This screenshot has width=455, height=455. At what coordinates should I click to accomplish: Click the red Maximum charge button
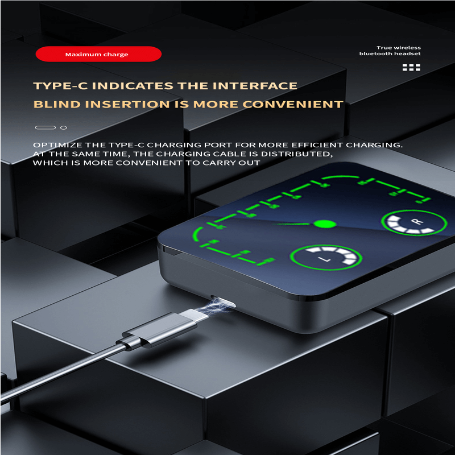(x=98, y=54)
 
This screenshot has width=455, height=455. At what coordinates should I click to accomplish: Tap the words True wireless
(x=399, y=48)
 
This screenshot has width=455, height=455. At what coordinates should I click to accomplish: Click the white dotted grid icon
(x=411, y=67)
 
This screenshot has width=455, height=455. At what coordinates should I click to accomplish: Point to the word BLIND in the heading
(x=57, y=105)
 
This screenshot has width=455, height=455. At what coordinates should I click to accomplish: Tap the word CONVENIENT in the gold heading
(x=293, y=105)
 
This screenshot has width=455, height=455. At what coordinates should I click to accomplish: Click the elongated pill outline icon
(x=45, y=127)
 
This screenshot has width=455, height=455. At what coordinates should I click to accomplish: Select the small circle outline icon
(x=64, y=127)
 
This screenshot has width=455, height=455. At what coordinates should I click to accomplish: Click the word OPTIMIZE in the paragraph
(x=57, y=145)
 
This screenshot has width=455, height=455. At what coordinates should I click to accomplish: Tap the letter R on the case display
(x=417, y=222)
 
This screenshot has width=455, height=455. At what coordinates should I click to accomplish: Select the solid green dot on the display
(x=325, y=224)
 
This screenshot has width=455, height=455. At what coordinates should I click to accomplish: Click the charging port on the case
(x=223, y=301)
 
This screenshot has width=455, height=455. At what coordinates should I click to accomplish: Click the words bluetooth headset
(x=390, y=53)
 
